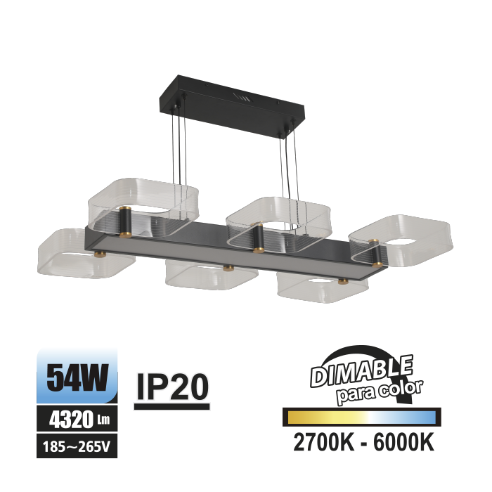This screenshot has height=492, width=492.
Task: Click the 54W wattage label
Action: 77,377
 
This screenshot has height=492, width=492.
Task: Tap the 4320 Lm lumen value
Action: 79,419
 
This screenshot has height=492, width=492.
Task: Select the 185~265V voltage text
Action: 76,446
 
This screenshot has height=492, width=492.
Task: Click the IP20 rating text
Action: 172,387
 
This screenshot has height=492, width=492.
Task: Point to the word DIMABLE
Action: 361,371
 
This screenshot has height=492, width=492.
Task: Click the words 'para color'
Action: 380,392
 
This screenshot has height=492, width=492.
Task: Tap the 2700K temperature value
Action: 323,442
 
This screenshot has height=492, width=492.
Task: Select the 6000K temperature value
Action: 404,442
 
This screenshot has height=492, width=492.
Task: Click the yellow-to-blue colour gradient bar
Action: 362,417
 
